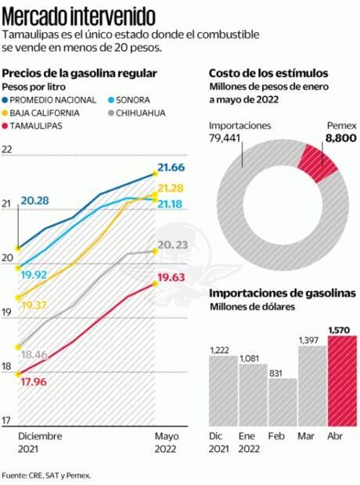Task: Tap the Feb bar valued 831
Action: coord(282,401)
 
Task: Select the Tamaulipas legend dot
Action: coord(7,126)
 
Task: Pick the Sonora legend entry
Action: coord(135,99)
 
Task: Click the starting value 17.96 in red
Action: coord(34,382)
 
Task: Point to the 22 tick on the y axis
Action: coord(9,149)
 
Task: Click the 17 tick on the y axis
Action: coord(9,421)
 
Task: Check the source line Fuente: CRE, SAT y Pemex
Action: coord(46,474)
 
